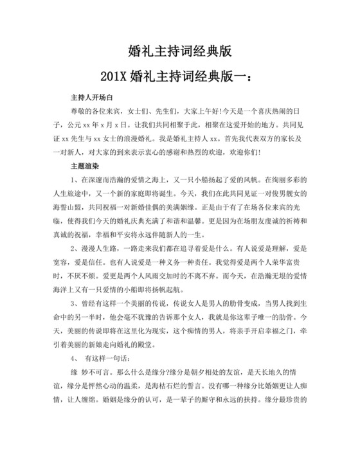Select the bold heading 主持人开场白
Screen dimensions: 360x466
pos(91,98)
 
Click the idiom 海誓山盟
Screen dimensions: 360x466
pos(66,208)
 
